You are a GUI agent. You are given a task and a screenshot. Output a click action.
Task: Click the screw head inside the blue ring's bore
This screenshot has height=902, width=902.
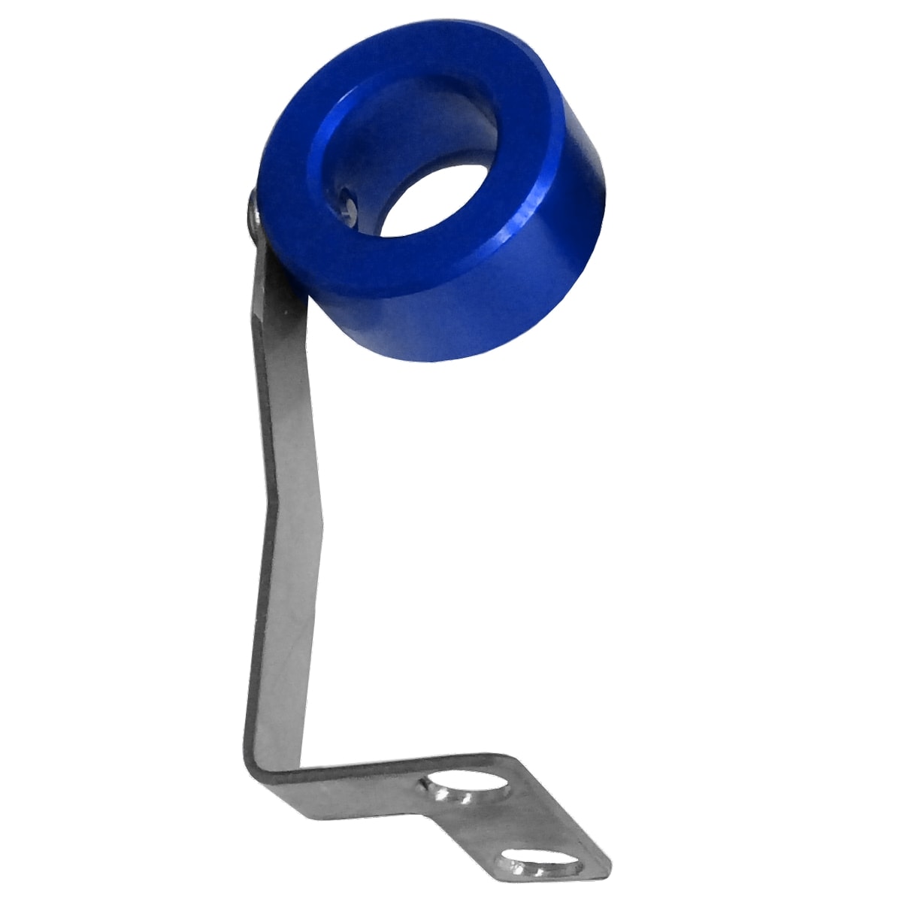pos(347,205)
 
